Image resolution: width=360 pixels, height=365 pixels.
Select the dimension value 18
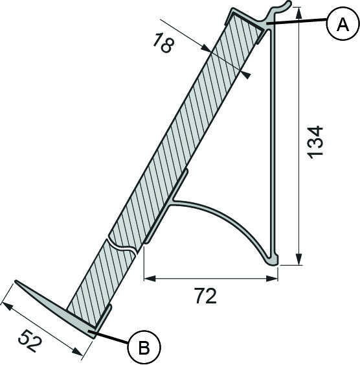pyautogui.click(x=164, y=43)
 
